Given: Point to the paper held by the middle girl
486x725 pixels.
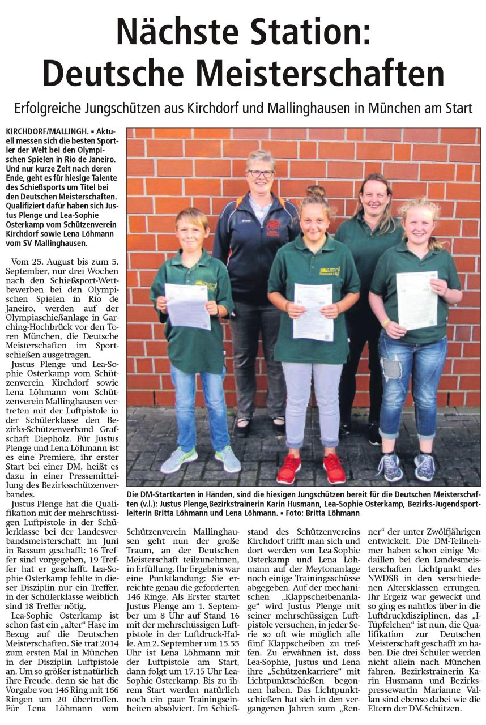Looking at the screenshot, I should tap(313, 311).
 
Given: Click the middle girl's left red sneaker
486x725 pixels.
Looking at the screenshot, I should tap(289, 468).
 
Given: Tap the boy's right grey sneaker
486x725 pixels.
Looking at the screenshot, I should tap(228, 458).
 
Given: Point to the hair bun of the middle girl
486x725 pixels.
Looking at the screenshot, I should tap(315, 191).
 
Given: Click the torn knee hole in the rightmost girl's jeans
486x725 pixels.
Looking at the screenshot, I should tap(392, 369).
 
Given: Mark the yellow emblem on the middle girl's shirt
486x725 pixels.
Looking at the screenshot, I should tap(329, 271).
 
